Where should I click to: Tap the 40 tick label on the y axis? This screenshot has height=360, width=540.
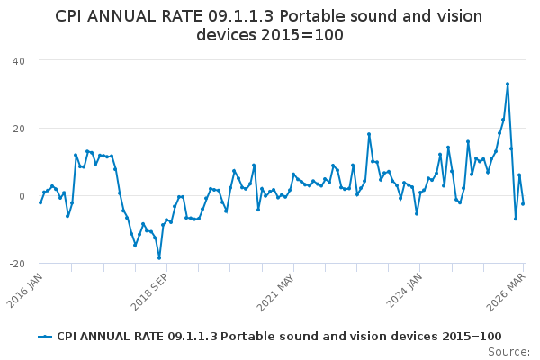[18, 60]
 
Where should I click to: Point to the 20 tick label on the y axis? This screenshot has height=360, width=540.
[18, 128]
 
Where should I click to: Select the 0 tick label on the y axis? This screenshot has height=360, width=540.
[22, 195]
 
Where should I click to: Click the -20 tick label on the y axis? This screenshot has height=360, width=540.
[16, 263]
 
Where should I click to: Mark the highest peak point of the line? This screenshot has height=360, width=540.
[508, 84]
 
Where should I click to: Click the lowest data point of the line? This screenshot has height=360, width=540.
[159, 258]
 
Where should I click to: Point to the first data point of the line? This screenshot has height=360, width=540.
[40, 202]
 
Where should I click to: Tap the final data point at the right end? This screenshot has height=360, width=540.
[523, 203]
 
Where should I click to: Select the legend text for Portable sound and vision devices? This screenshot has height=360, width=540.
[279, 336]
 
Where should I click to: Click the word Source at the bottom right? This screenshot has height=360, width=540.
[509, 352]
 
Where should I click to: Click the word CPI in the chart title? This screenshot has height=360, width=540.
[71, 16]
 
